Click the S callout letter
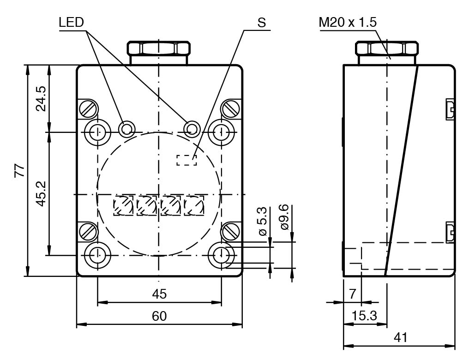(x=262, y=23)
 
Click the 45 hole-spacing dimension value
(x=159, y=294)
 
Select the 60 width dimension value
(x=159, y=316)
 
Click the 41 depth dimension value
(x=400, y=337)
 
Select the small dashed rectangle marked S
(x=186, y=160)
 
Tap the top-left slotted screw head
(x=89, y=108)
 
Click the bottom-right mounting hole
(x=222, y=254)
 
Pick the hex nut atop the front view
(x=158, y=48)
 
